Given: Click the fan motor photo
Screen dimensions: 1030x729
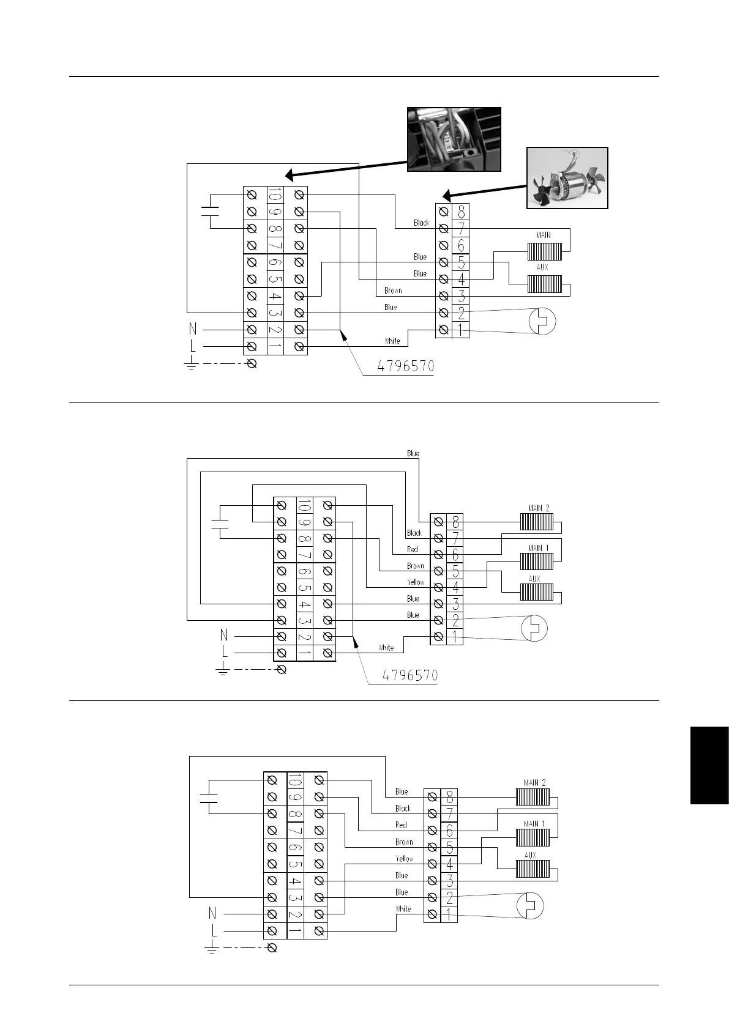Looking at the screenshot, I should click(x=567, y=178).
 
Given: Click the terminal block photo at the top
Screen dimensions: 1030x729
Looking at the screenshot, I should click(x=454, y=139).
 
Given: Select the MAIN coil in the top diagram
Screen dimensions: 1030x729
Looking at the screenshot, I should click(x=544, y=251).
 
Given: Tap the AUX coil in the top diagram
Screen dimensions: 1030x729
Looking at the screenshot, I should click(x=544, y=284).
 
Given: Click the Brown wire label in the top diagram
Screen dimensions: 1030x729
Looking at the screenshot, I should click(x=393, y=291).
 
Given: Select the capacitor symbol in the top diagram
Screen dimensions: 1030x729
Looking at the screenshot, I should click(x=210, y=212).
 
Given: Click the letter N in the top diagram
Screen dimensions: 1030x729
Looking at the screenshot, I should click(x=193, y=330).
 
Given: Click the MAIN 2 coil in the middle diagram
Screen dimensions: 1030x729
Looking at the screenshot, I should click(x=537, y=521).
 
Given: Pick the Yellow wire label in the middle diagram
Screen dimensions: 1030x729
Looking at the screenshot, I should click(x=416, y=582).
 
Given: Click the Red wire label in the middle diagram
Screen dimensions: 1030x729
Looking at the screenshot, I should click(x=413, y=549).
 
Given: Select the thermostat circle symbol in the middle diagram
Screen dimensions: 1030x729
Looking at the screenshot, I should click(x=534, y=628).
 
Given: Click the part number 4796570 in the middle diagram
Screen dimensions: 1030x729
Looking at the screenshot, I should click(x=410, y=676).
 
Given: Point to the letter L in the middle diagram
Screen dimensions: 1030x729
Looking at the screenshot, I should click(x=225, y=653).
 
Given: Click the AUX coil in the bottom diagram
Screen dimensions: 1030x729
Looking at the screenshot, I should click(x=532, y=869).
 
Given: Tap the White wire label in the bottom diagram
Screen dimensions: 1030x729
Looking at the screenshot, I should click(x=403, y=909).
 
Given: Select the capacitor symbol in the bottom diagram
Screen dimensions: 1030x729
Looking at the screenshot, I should click(x=209, y=797).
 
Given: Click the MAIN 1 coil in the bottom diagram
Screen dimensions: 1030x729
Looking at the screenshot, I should click(x=532, y=836).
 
